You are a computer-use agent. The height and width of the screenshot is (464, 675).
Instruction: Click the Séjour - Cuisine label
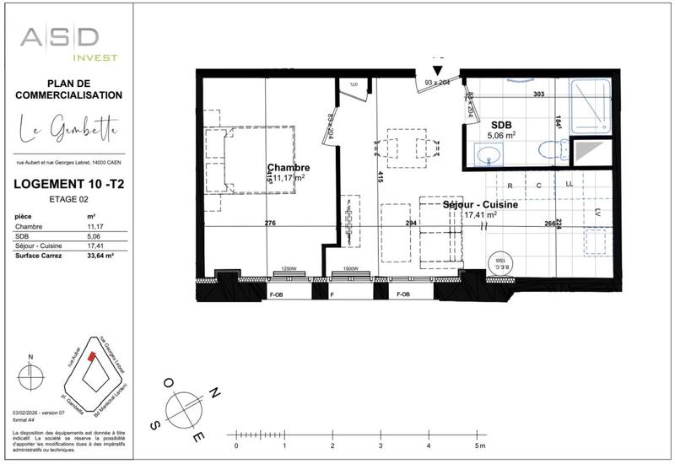click(x=481, y=204)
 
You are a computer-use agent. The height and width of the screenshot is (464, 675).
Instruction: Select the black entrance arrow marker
click(x=437, y=72)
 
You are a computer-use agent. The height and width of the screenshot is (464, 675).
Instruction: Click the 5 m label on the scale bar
click(x=479, y=445)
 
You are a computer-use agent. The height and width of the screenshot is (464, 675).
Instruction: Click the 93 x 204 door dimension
click(x=438, y=83)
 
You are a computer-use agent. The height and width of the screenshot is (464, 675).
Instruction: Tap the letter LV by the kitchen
click(x=597, y=212)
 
